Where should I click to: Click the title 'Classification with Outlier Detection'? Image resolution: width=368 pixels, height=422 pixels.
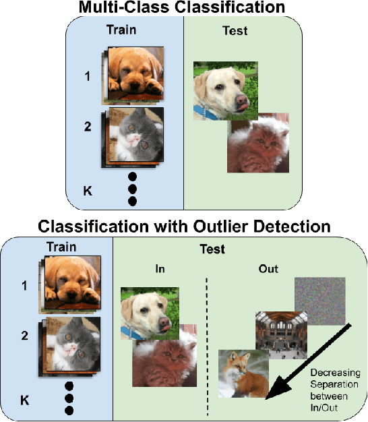click(183, 225)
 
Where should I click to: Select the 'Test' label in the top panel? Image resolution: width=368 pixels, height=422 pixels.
click(235, 30)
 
